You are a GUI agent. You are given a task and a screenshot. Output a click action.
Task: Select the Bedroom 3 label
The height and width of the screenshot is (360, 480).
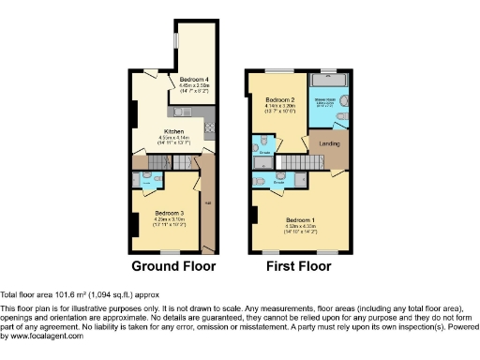point(169,213)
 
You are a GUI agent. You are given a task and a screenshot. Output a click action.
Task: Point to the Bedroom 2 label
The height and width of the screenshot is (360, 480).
point(280,99)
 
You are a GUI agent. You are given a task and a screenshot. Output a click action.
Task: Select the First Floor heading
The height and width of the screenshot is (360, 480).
point(298,265)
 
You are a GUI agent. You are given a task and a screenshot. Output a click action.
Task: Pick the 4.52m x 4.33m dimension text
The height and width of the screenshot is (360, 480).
point(301,226)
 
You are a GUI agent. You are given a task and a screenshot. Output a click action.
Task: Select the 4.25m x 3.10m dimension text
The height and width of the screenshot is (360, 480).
point(169,218)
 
